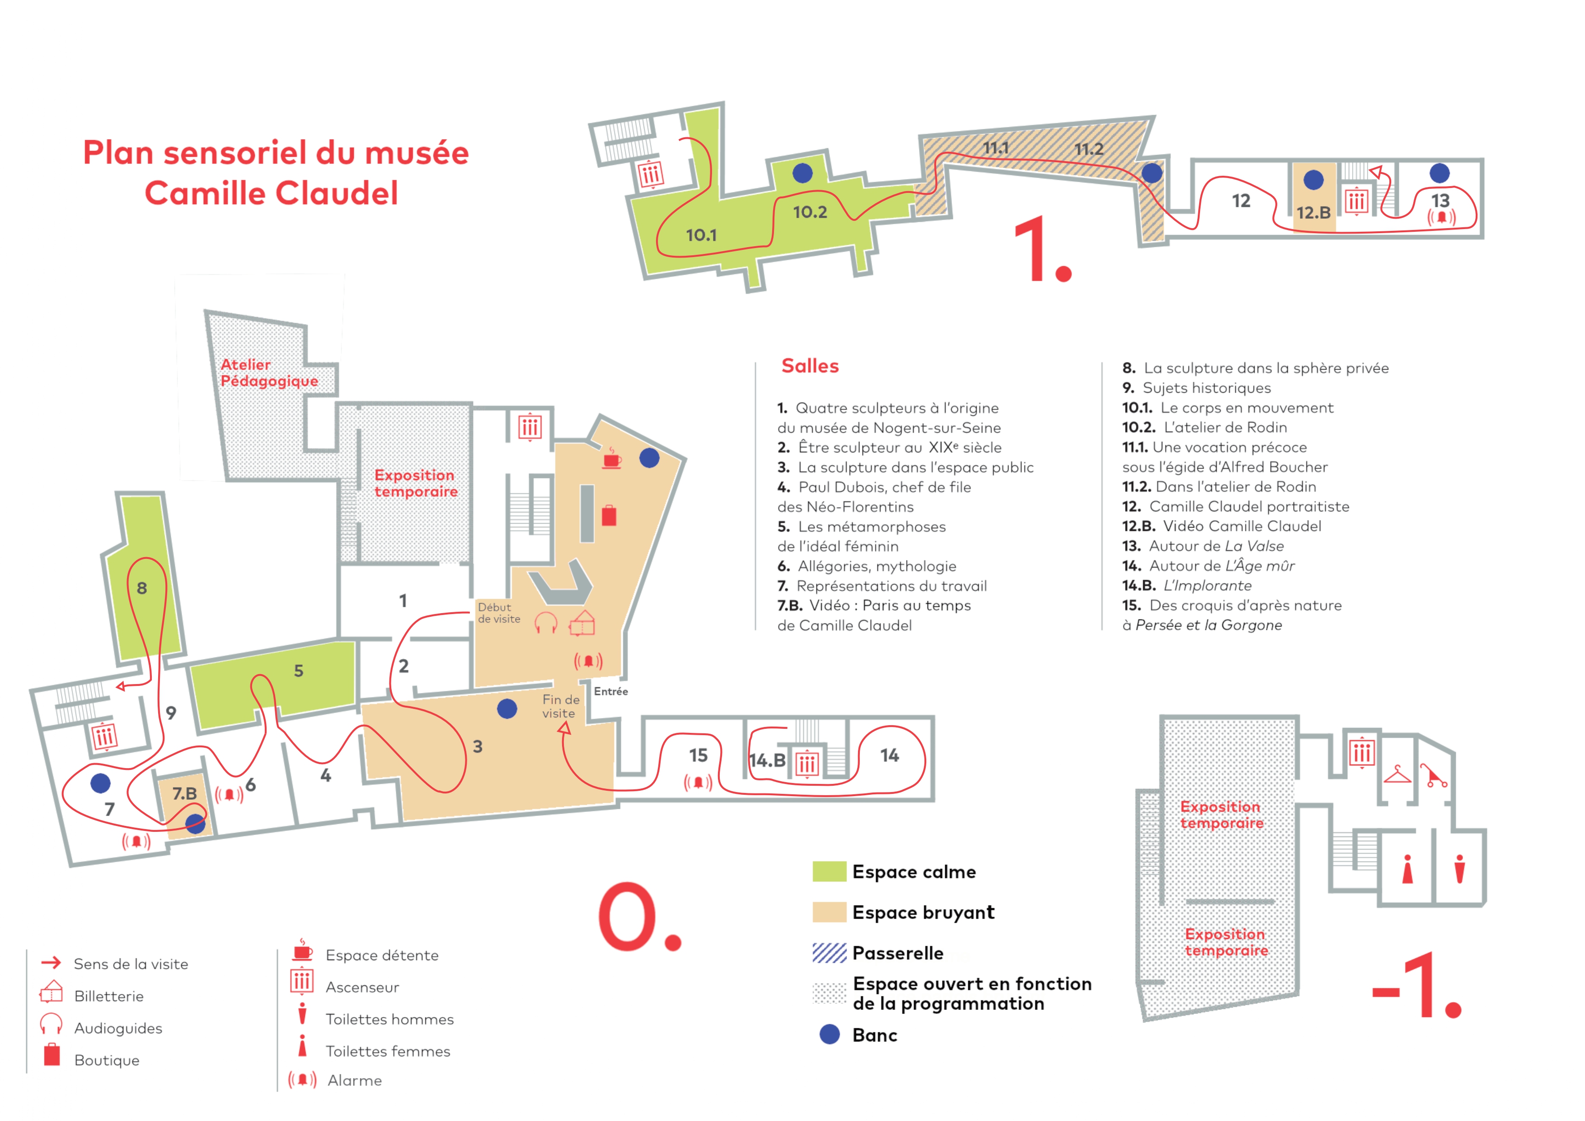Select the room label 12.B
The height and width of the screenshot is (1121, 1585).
click(x=1313, y=213)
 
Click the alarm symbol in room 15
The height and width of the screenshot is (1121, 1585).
click(x=698, y=782)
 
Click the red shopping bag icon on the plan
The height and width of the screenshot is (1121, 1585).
click(x=609, y=516)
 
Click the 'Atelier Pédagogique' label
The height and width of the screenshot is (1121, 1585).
click(x=269, y=373)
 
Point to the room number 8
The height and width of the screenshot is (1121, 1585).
click(x=141, y=588)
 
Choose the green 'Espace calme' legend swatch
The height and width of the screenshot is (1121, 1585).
click(x=829, y=871)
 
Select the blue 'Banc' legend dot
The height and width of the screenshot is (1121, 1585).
click(x=829, y=1034)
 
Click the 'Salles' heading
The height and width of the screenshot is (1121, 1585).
click(x=810, y=366)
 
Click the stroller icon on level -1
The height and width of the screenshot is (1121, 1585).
click(x=1434, y=776)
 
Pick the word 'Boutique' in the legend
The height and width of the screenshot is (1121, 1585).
click(x=107, y=1060)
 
